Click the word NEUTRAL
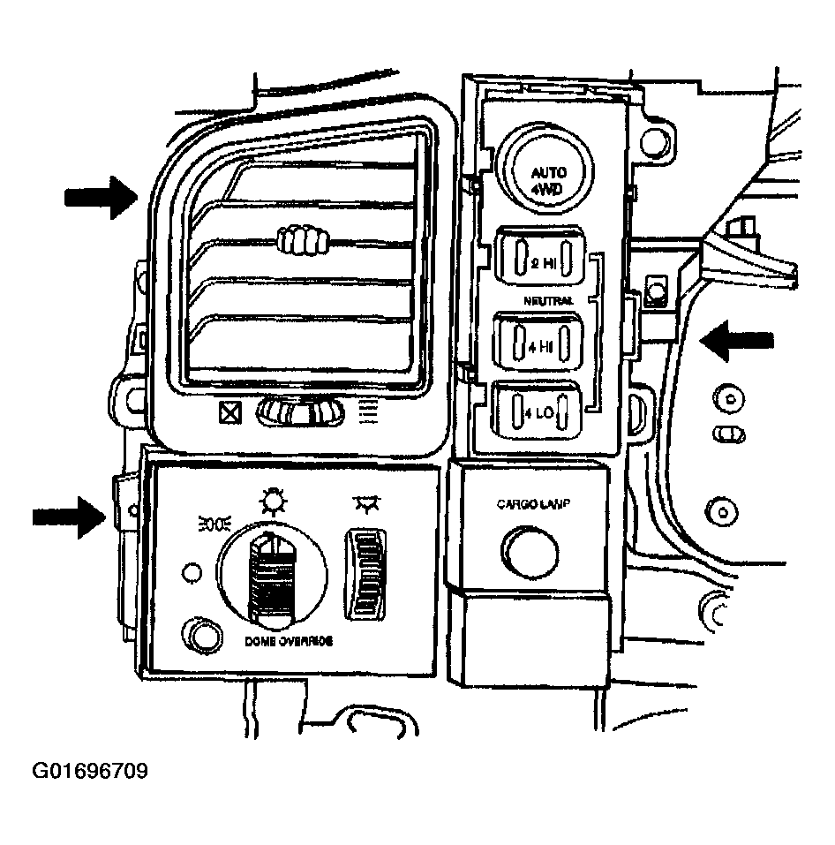click(547, 302)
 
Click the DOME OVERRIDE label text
click(288, 643)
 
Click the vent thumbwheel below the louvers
click(299, 412)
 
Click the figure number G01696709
click(90, 772)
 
